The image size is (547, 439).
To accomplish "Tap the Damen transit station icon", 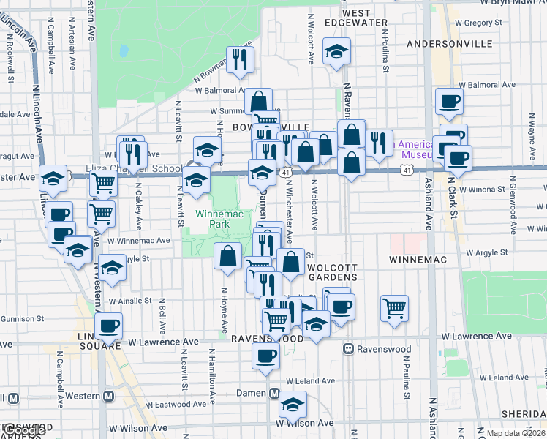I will (x=275, y=394).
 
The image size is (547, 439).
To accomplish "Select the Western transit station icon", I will (x=109, y=396).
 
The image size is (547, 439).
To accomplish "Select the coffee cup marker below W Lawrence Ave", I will (x=265, y=356).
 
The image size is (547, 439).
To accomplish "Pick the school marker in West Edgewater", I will (x=336, y=51).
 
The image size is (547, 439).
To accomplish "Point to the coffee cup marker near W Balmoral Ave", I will (x=449, y=101).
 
